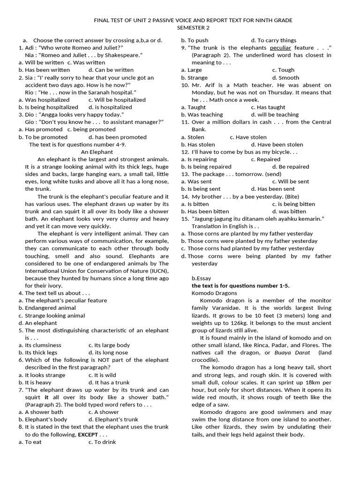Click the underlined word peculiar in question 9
[280, 48]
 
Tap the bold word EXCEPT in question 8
[88, 435]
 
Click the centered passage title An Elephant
[97, 152]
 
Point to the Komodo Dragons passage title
[214, 293]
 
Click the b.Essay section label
[201, 278]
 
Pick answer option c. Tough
[283, 70]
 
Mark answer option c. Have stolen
[248, 137]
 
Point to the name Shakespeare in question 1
[119, 55]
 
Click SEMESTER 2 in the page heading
[193, 28]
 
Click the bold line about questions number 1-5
[240, 285]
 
